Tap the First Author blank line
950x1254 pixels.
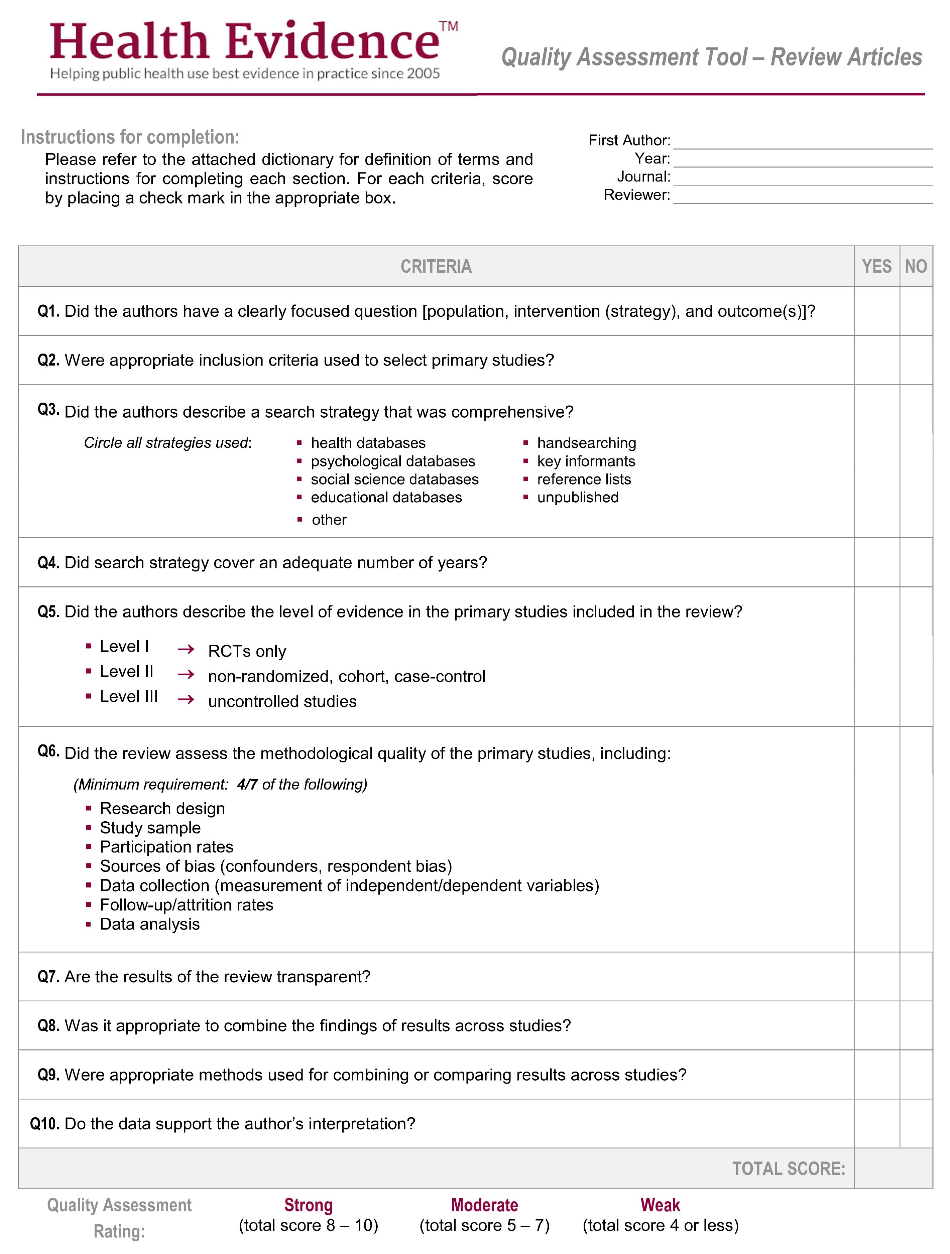803,142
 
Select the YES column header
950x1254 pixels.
876,266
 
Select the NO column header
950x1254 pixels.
916,266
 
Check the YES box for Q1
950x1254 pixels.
876,311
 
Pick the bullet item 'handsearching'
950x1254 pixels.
586,443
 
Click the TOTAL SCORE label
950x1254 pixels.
788,1168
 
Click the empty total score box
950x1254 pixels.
893,1168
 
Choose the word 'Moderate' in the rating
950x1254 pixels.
484,1205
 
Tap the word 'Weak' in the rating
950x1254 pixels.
660,1205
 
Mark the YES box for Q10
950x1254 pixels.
876,1124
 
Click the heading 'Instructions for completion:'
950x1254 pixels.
130,137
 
